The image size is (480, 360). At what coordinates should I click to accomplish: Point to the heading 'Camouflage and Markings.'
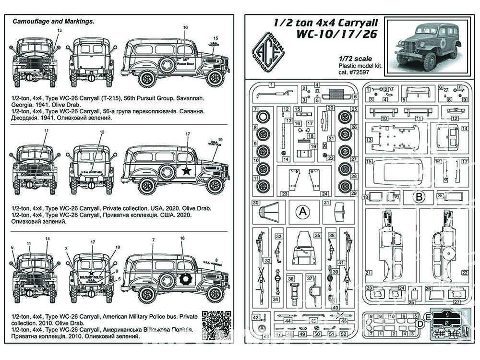(53, 22)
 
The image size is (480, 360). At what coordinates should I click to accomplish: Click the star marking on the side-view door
(186, 171)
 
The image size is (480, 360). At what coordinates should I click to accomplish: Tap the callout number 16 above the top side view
(186, 28)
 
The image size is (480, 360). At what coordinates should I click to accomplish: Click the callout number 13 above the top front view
(60, 30)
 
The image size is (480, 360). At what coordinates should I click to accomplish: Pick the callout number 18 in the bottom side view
(182, 238)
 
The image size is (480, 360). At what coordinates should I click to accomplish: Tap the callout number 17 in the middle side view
(188, 135)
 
